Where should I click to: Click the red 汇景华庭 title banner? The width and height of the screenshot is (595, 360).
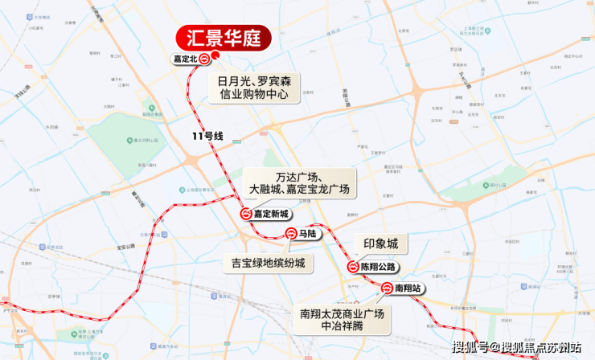click(223, 38)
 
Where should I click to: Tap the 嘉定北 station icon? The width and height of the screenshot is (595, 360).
click(205, 59)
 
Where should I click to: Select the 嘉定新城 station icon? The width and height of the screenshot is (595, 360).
click(245, 215)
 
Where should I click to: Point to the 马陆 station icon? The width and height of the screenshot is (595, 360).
click(291, 234)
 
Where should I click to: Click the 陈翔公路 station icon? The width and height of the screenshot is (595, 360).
click(352, 267)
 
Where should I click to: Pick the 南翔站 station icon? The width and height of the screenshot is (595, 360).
click(388, 288)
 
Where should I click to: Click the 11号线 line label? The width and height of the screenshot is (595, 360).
click(207, 137)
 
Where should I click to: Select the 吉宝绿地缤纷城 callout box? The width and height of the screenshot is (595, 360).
click(268, 262)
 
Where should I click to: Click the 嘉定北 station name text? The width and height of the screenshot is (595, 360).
click(185, 59)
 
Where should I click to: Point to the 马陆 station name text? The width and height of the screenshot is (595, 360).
click(306, 234)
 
